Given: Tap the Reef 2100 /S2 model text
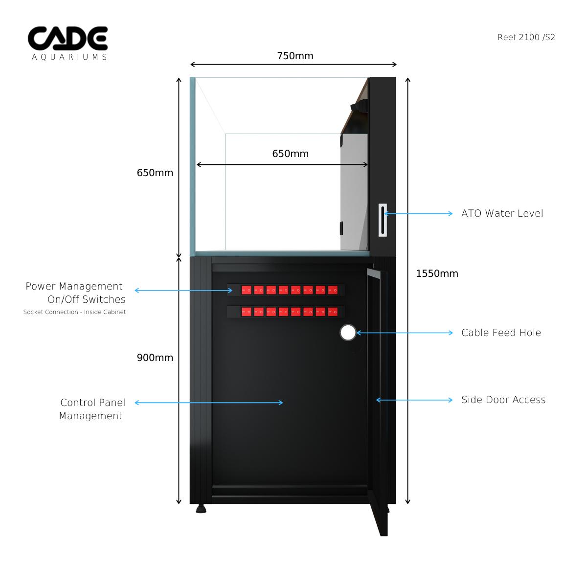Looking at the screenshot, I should [x=526, y=38].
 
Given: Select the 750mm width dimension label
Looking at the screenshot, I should [x=295, y=56].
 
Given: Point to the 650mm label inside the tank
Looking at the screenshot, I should [x=290, y=154].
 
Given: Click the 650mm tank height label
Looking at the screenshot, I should [x=155, y=173].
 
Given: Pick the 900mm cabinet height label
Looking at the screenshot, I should [x=155, y=358].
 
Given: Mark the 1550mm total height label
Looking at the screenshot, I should [x=437, y=273].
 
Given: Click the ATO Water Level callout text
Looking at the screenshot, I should [x=502, y=213].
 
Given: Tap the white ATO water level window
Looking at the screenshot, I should [x=383, y=220].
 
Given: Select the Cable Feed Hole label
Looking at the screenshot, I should [x=501, y=333].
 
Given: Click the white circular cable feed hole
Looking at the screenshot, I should [x=348, y=333].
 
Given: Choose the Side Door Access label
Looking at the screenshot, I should [x=503, y=400].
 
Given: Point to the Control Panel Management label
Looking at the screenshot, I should [x=92, y=409].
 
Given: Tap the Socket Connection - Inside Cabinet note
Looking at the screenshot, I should [x=74, y=312].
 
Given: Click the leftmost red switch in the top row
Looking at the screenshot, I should [x=247, y=290].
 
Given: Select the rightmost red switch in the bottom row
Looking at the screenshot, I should [x=333, y=312].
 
